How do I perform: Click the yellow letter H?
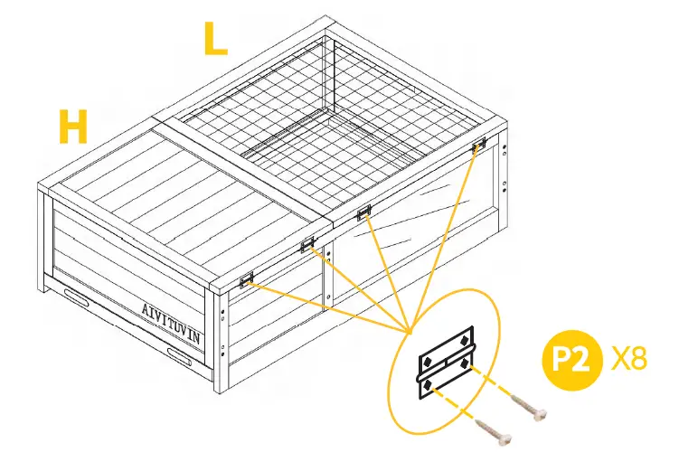coord(73,127)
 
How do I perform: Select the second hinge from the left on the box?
coord(307,242)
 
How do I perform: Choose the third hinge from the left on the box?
coord(364,213)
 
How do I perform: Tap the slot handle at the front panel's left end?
coord(77,297)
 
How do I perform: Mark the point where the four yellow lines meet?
coord(410,328)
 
